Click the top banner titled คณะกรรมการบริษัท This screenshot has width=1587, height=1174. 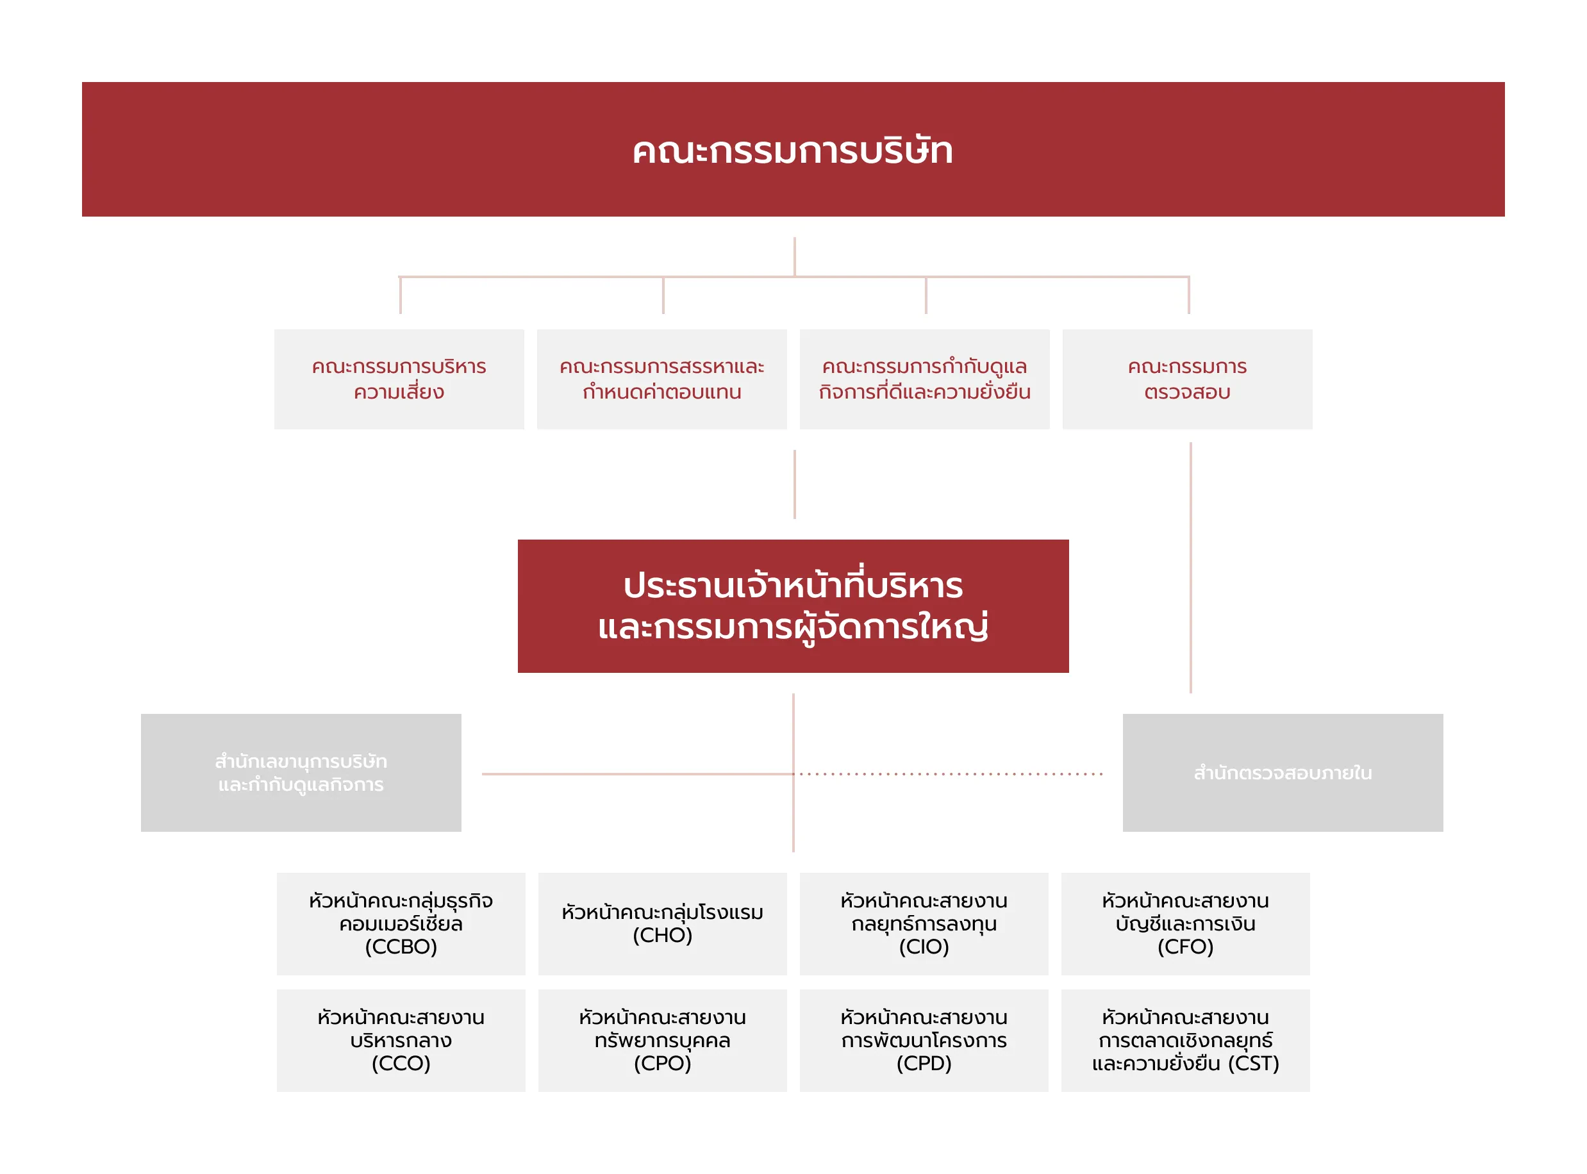pyautogui.click(x=792, y=149)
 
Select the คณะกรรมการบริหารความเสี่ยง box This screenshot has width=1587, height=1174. pyautogui.click(x=399, y=379)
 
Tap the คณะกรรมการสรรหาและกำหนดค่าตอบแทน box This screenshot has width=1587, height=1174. pyautogui.click(x=661, y=379)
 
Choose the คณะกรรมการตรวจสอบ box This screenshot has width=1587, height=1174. pyautogui.click(x=1187, y=379)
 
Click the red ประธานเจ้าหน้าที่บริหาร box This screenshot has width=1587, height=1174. pyautogui.click(x=792, y=606)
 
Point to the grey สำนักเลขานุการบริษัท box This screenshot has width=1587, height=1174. pyautogui.click(x=301, y=772)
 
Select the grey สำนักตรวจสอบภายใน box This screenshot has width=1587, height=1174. pyautogui.click(x=1282, y=772)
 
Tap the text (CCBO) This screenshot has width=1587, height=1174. pyautogui.click(x=401, y=947)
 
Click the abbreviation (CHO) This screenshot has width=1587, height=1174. pyautogui.click(x=662, y=935)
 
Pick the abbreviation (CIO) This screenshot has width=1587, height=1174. pyautogui.click(x=924, y=947)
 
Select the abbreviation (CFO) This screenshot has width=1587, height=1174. pyautogui.click(x=1186, y=947)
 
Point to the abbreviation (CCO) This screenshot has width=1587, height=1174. pyautogui.click(x=401, y=1063)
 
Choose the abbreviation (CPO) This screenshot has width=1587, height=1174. pyautogui.click(x=662, y=1063)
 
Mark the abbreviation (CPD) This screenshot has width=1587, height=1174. pyautogui.click(x=924, y=1063)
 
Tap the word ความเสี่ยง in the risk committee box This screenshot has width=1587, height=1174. pyautogui.click(x=399, y=392)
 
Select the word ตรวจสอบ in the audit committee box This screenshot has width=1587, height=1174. pyautogui.click(x=1187, y=392)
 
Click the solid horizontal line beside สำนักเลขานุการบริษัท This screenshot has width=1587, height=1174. pyautogui.click(x=636, y=774)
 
